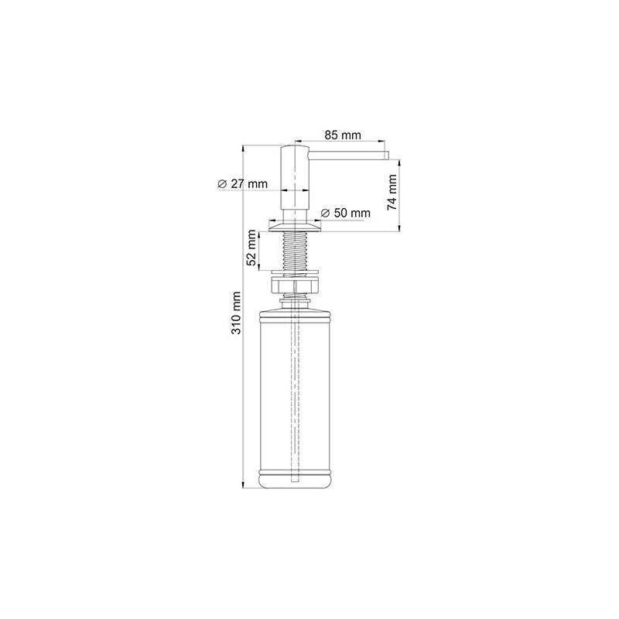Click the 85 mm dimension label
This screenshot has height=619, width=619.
(343, 135)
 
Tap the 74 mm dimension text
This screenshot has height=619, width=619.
(392, 192)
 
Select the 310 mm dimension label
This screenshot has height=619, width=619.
(236, 313)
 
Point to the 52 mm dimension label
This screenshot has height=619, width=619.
(251, 248)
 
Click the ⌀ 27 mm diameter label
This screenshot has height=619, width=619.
(242, 183)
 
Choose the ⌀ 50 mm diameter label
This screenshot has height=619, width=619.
(346, 214)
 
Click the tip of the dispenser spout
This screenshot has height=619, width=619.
(388, 156)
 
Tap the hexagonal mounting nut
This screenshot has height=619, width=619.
(295, 285)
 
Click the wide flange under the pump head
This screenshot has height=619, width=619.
(295, 227)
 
